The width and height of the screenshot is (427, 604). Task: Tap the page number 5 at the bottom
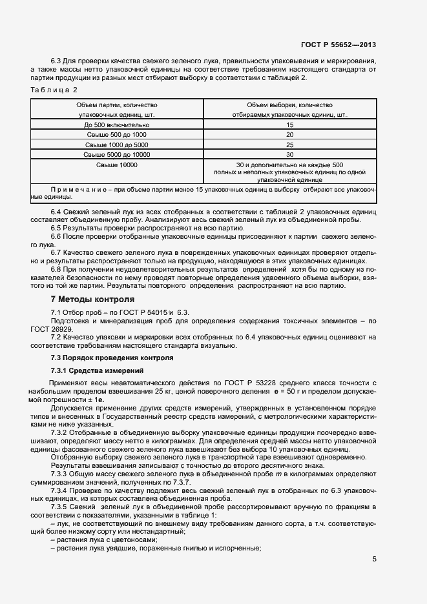[374, 559]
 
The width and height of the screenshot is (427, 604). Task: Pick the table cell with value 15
[289, 125]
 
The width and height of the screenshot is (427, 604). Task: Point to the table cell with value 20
[289, 135]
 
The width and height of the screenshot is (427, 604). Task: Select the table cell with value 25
[289, 145]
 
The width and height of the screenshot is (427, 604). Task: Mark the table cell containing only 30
[289, 155]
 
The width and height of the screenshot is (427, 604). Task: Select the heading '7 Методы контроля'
[92, 299]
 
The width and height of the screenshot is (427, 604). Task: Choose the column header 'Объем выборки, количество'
[289, 105]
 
